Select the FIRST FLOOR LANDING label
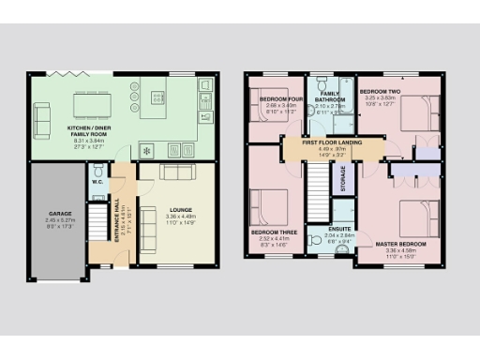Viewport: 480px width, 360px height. point(333,142)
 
